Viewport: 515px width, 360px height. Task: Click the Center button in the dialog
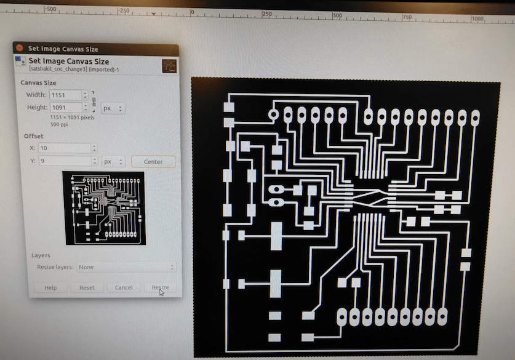[153, 162]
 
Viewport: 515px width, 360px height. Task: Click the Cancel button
[124, 287]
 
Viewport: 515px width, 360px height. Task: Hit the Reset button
[87, 287]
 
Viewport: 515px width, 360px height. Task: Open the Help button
[50, 287]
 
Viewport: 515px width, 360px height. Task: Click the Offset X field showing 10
[64, 148]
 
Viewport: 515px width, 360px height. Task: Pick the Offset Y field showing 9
[64, 161]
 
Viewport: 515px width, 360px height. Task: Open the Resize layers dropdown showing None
[126, 267]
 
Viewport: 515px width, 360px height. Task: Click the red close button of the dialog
[19, 48]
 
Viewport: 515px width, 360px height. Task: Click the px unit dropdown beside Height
[113, 108]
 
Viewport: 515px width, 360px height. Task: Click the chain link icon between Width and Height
[94, 101]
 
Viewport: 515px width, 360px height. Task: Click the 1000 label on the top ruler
[477, 18]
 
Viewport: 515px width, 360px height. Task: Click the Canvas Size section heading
[38, 82]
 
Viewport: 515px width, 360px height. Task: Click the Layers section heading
[41, 255]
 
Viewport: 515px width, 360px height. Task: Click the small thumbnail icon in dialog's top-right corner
[169, 65]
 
